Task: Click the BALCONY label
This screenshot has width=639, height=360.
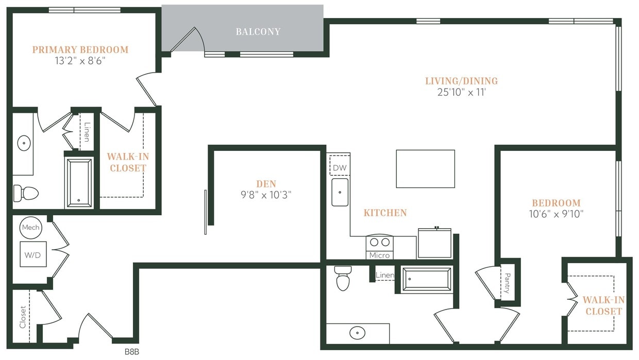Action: click(258, 32)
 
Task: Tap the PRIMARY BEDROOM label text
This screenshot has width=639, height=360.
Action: click(80, 50)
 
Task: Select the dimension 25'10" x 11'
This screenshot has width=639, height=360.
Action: click(461, 93)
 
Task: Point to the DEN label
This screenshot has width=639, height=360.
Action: click(266, 184)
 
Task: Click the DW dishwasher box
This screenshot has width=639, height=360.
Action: click(339, 168)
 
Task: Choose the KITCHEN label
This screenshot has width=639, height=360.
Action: click(385, 213)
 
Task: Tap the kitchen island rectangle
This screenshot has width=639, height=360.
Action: click(425, 169)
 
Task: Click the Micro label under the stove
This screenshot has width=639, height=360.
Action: click(379, 255)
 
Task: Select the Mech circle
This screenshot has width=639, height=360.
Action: click(30, 228)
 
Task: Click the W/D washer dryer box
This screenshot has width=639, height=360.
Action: click(33, 254)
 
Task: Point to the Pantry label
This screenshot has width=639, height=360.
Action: click(507, 283)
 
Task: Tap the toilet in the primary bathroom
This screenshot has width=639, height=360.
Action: click(26, 193)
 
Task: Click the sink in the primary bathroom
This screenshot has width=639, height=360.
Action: click(24, 143)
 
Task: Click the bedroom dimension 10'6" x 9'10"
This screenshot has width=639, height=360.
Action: click(556, 214)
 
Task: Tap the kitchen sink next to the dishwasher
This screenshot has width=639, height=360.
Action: click(340, 192)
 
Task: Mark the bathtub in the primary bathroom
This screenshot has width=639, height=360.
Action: click(79, 182)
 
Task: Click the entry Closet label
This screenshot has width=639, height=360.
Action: click(23, 317)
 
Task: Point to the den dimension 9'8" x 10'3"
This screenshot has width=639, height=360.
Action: click(266, 195)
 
